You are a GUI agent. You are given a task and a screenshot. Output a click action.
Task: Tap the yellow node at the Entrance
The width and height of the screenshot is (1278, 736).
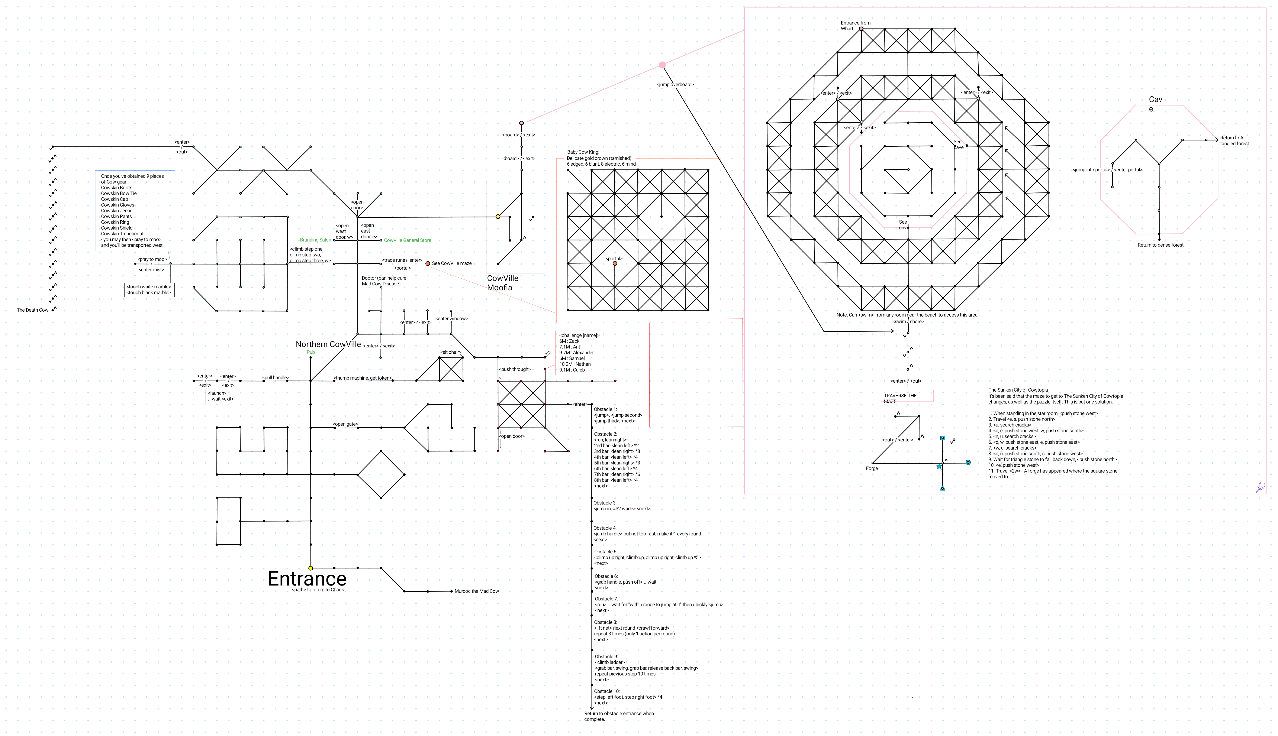(x=310, y=568)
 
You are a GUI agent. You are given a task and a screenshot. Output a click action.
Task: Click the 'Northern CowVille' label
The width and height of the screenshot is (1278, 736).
(x=328, y=344)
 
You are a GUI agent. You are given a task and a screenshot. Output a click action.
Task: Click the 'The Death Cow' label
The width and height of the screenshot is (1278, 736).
(x=32, y=310)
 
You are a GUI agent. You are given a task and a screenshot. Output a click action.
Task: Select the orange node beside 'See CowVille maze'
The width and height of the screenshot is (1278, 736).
(x=428, y=263)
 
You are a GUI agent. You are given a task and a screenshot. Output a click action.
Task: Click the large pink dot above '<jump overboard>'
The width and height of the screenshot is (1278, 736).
(x=662, y=65)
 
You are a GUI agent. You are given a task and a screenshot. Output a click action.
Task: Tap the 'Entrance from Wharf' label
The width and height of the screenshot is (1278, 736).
(x=855, y=26)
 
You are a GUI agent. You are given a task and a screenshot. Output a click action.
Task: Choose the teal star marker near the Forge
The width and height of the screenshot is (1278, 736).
(x=939, y=467)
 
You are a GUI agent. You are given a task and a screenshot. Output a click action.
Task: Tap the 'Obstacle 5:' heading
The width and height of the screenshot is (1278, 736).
(x=605, y=552)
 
